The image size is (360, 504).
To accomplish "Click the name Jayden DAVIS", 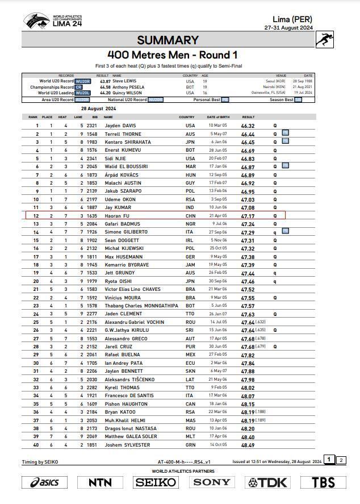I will pos(120,126).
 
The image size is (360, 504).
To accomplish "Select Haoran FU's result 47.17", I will pos(248,216).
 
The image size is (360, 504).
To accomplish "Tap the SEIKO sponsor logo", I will pos(156,482).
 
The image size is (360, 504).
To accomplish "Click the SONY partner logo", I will pos(212,482).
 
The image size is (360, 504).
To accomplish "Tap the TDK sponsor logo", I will pos(268,482).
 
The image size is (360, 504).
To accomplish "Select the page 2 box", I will pos(341,460).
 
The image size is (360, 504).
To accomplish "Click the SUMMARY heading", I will pos(168,40).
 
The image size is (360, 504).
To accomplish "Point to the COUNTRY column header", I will pos(187,117).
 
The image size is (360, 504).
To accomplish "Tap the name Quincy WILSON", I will pos(128,93).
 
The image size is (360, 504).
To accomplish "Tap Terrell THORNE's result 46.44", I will pos(248,134).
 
